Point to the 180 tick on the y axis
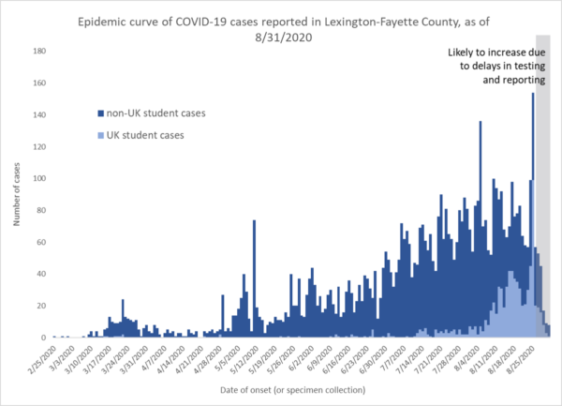pyautogui.click(x=38, y=52)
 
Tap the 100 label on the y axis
pyautogui.click(x=38, y=179)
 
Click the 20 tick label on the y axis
pyautogui.click(x=40, y=307)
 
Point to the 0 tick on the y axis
pyautogui.click(x=43, y=338)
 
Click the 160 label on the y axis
pyautogui.click(x=38, y=83)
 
